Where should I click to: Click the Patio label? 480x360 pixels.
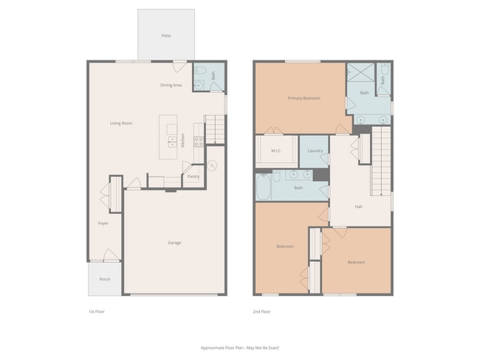[x=166, y=35]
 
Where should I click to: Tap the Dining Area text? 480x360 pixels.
[x=171, y=86]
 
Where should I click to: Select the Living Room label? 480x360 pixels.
[x=121, y=123]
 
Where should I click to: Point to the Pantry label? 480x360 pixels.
[x=193, y=176]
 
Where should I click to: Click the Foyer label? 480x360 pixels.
[x=103, y=223]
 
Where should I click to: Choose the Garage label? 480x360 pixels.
[x=174, y=243]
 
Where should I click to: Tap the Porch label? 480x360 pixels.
[x=105, y=280]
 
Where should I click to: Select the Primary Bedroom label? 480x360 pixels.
[x=304, y=98]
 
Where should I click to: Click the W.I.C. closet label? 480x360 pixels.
[x=276, y=151]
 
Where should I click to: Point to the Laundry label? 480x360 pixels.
[x=314, y=151]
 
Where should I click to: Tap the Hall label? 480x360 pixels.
[x=358, y=207]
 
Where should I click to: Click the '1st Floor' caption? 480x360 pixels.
[x=96, y=312]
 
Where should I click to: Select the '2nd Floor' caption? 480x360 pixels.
[x=262, y=312]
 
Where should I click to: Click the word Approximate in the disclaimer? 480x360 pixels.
[x=213, y=347]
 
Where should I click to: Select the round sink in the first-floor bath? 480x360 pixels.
[x=199, y=86]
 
